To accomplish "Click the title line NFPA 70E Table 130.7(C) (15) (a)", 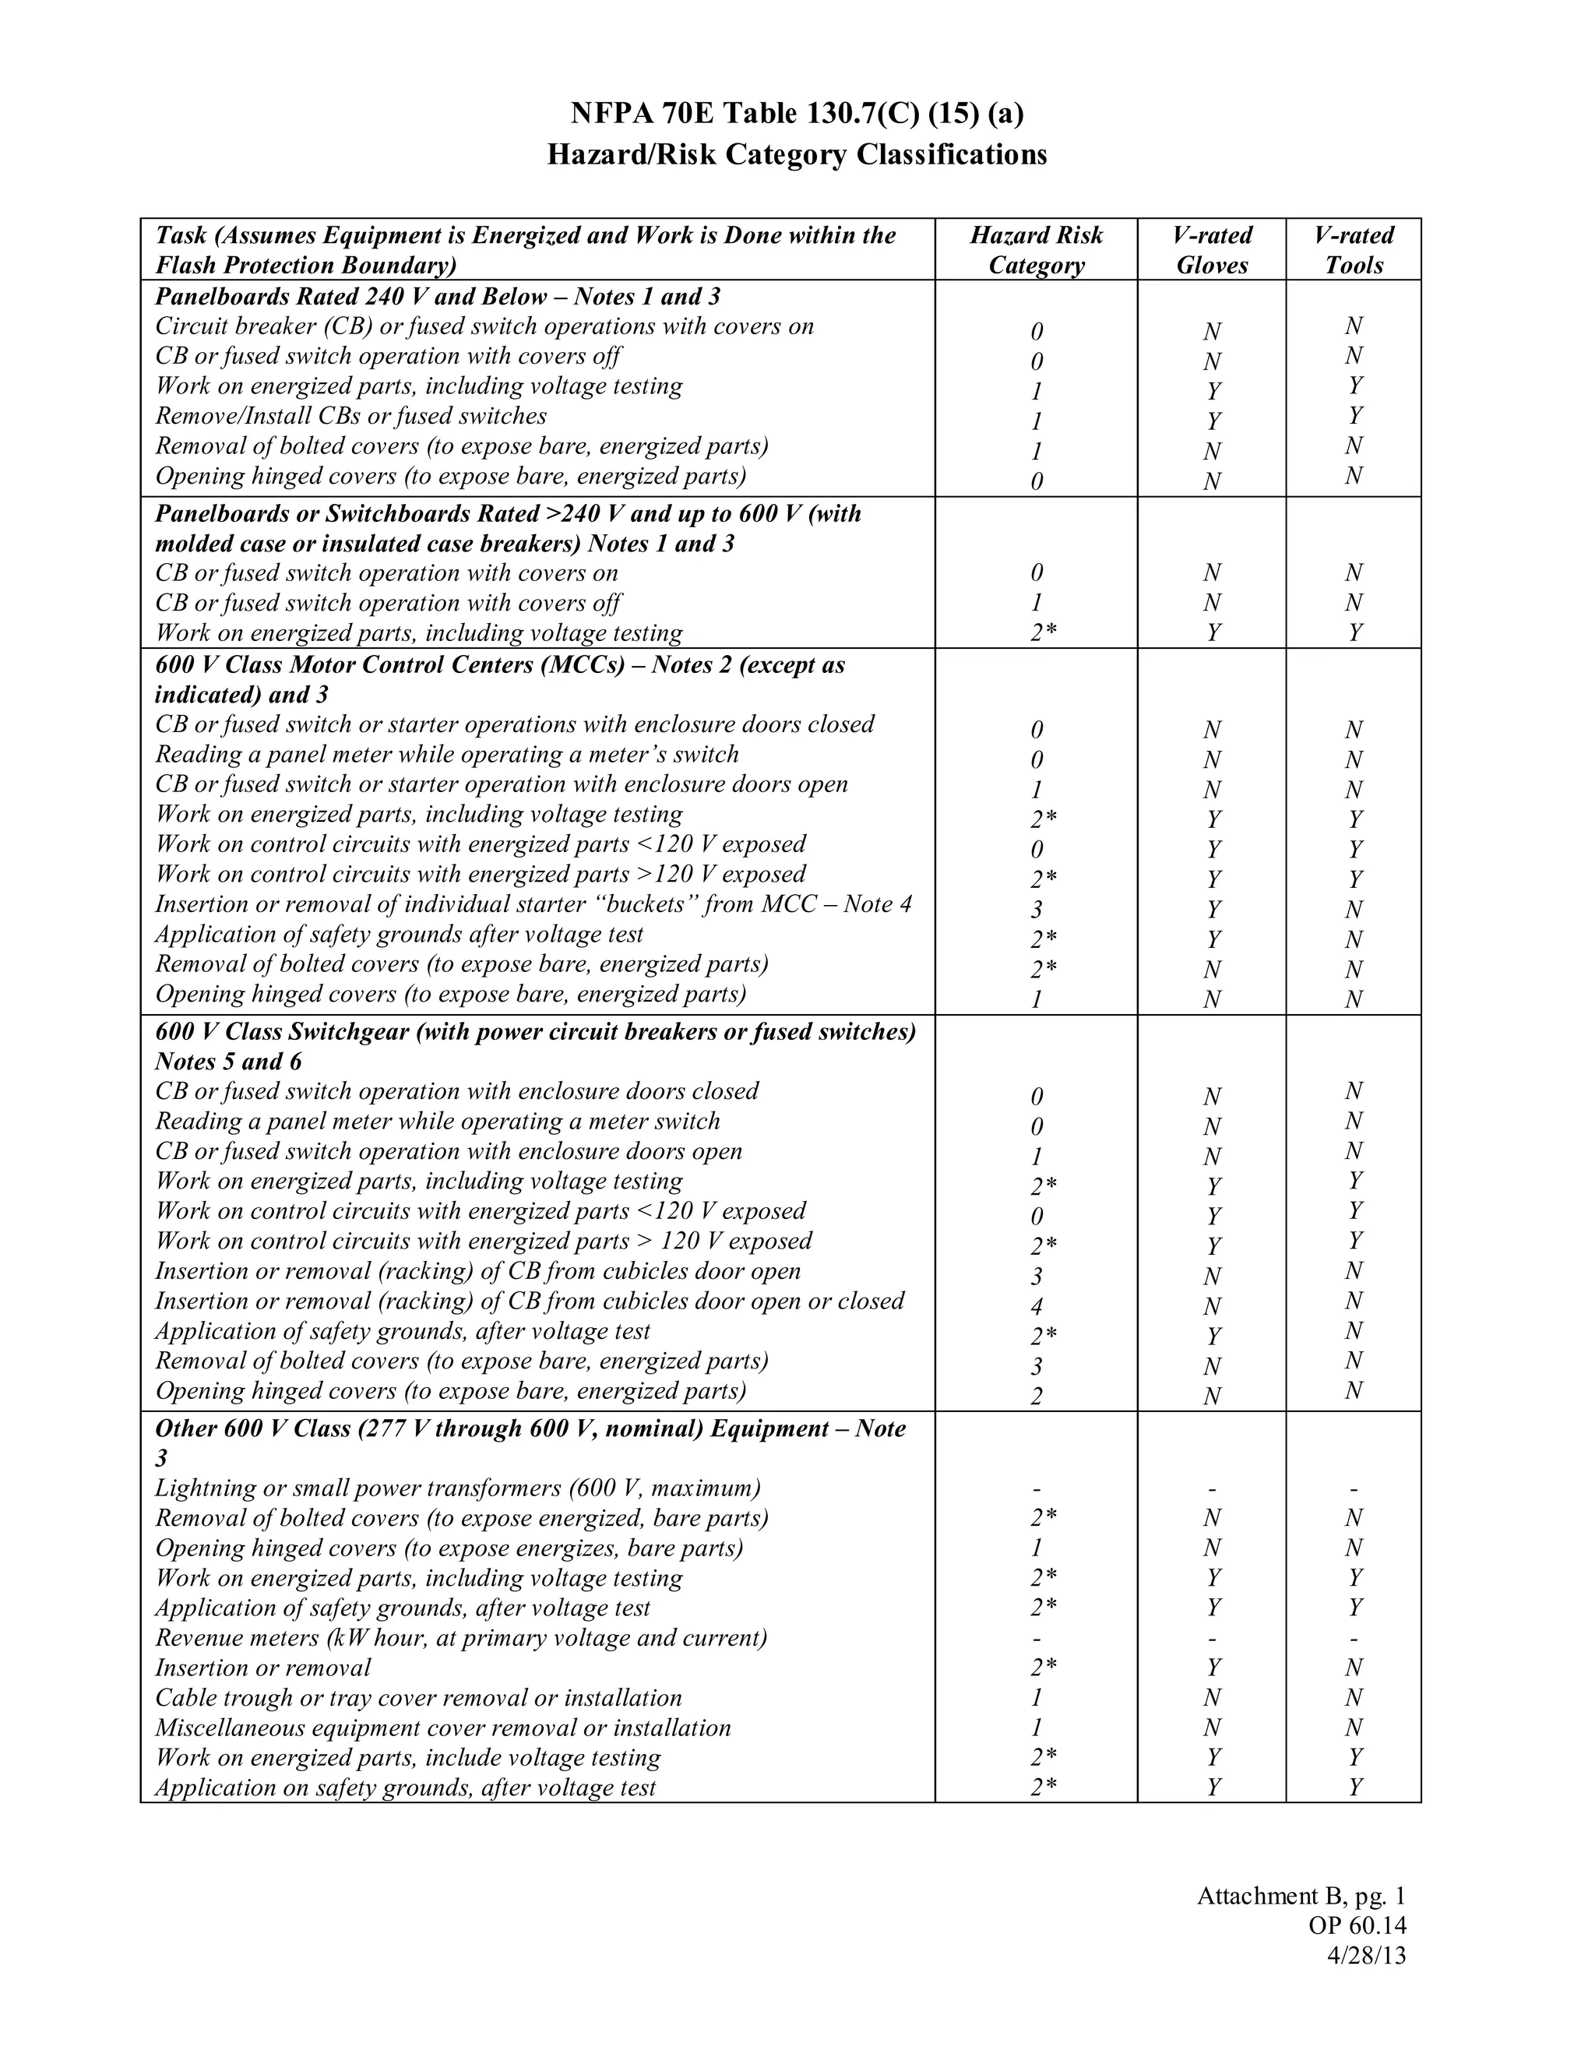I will (x=797, y=114).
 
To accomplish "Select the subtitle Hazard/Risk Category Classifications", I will (x=797, y=154).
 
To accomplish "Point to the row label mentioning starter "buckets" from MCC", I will (x=533, y=904).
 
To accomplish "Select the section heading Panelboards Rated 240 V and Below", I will (x=438, y=297).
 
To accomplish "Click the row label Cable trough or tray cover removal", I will (x=417, y=1697).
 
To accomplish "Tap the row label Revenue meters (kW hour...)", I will (x=460, y=1638).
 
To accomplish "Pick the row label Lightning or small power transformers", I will (x=457, y=1488).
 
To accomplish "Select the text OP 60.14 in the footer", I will (x=1357, y=1925).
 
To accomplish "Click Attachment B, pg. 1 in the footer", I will (x=1301, y=1895).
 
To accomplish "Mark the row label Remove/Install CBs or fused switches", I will (x=350, y=416).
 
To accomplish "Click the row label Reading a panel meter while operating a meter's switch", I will (x=446, y=754).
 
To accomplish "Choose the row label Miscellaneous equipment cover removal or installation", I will (x=442, y=1728).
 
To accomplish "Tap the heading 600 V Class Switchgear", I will (x=535, y=1031).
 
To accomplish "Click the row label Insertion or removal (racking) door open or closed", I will (x=529, y=1301).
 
